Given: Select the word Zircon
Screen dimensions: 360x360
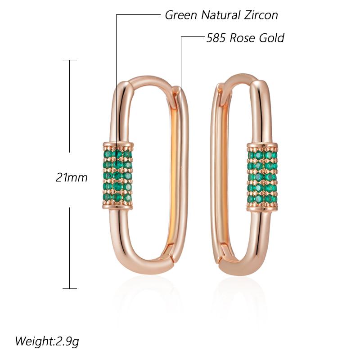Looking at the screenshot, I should coord(261,15).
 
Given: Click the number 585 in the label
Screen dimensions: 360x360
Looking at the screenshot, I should coord(216,37).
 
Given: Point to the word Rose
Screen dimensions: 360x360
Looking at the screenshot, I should coord(243,37).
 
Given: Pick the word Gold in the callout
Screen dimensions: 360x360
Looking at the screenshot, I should coord(271,37).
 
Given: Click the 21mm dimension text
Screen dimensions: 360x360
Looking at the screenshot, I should coord(71,177).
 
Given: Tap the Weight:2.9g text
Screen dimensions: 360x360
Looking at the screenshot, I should coord(49,340).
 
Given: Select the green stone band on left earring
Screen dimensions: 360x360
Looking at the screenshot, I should coord(118,176).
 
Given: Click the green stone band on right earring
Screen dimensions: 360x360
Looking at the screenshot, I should coord(262,176).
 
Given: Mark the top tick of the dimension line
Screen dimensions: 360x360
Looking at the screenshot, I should coord(69,60).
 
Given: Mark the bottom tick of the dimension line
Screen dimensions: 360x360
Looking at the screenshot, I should coord(69,288).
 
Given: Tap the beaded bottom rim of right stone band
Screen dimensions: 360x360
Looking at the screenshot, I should coord(262,208).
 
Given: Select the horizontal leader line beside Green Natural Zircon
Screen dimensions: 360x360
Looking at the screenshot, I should coord(137,15).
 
